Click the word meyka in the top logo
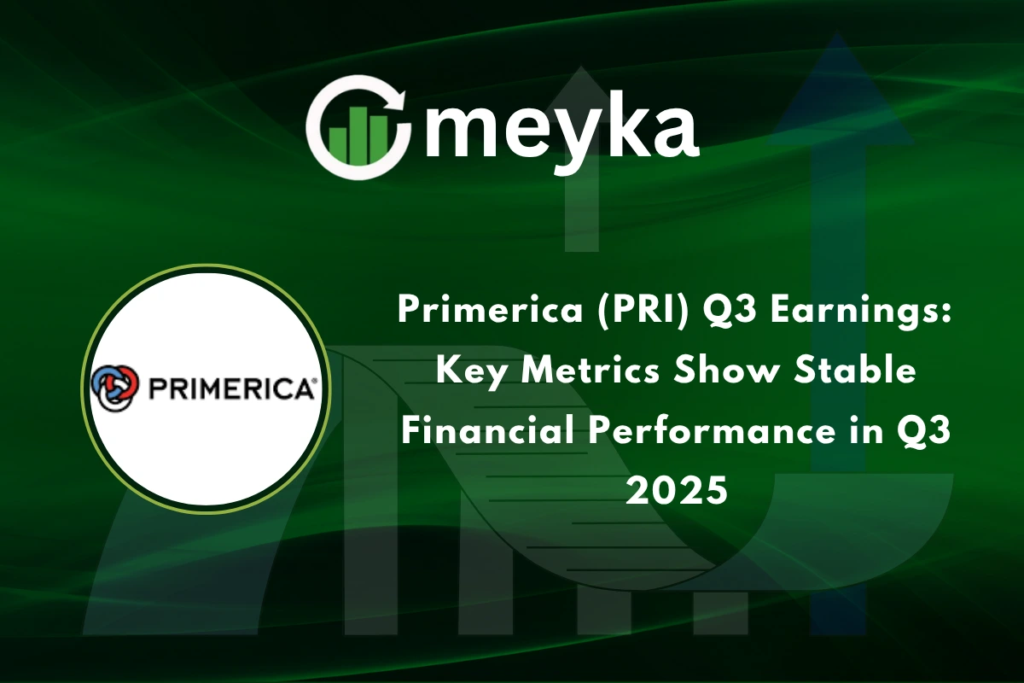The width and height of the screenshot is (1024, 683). (x=559, y=129)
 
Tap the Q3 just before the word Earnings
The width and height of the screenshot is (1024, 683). (x=728, y=312)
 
